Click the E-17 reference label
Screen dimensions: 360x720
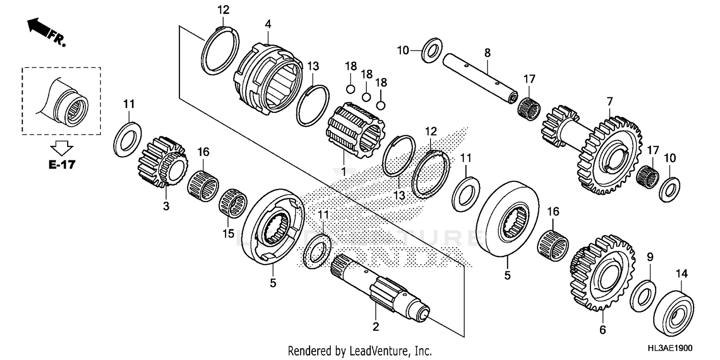(x=61, y=165)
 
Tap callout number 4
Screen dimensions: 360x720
(x=268, y=23)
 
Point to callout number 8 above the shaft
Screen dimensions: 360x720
(x=487, y=53)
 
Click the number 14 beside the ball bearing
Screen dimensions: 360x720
(x=682, y=274)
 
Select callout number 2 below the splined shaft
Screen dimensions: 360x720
(x=376, y=327)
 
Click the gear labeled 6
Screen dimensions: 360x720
(x=602, y=272)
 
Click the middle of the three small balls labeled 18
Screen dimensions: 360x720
(x=366, y=96)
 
